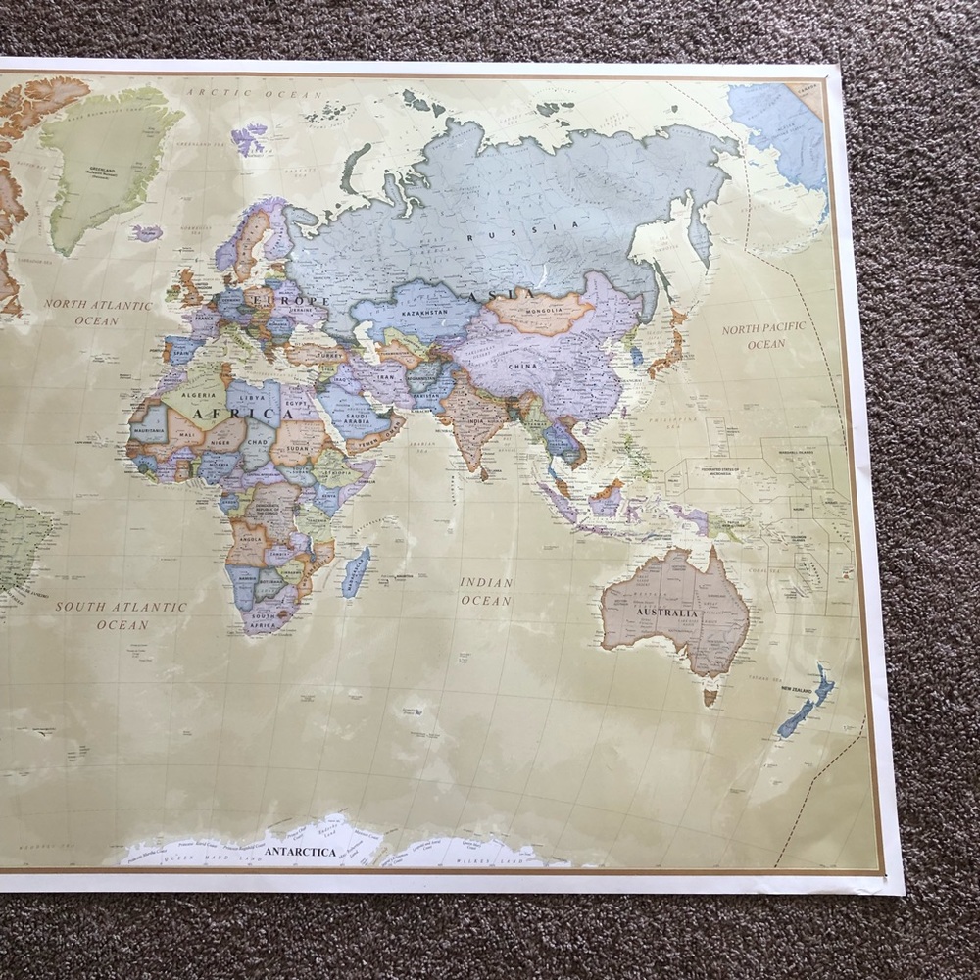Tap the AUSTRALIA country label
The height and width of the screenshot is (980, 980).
point(667,613)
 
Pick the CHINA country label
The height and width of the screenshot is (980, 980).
point(522,367)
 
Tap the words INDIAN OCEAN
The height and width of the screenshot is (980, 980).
point(486,591)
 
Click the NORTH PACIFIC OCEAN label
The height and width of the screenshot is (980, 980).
point(764,335)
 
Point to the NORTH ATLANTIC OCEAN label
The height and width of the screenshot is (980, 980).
point(97,313)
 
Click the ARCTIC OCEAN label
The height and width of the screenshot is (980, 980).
point(254,93)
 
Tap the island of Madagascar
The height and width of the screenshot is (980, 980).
point(357,572)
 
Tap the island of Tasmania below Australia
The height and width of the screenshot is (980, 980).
point(710,697)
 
